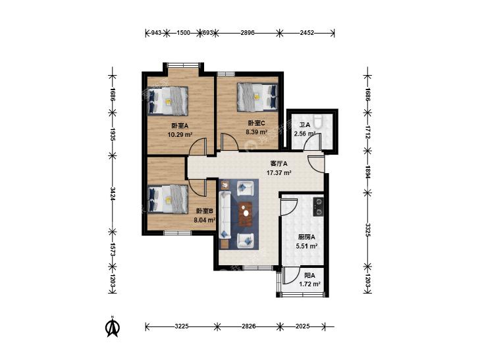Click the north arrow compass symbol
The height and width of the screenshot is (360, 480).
(x=113, y=326)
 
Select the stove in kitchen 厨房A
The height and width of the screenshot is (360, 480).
(x=319, y=207)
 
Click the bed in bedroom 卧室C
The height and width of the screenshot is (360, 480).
(x=257, y=97)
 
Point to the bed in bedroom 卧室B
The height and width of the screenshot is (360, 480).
(x=167, y=199)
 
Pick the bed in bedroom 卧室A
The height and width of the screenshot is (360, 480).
(x=167, y=101)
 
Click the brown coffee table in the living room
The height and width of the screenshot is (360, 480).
(x=245, y=213)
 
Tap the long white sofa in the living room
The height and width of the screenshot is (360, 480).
(x=225, y=215)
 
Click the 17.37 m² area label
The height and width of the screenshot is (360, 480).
(x=279, y=173)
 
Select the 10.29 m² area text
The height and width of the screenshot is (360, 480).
(x=180, y=134)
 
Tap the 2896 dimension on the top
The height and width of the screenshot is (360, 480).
(x=248, y=33)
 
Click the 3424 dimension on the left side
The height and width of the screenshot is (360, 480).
(x=113, y=193)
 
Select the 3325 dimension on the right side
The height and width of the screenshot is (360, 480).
(x=367, y=230)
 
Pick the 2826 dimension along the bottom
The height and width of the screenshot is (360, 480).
(x=249, y=326)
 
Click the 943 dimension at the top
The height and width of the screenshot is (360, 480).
(x=156, y=33)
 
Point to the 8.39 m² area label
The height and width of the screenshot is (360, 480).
(x=257, y=132)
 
